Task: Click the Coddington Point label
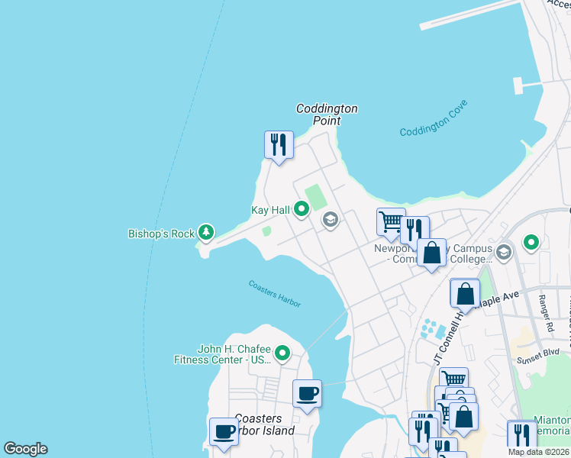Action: click(327, 114)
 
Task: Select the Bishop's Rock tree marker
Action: click(205, 231)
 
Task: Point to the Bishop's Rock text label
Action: click(161, 234)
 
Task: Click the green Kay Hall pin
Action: click(302, 208)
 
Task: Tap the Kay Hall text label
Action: click(270, 210)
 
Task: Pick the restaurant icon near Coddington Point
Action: click(279, 144)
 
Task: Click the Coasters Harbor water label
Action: click(275, 294)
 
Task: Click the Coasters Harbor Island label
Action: click(264, 424)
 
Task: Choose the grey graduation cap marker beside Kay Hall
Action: click(330, 221)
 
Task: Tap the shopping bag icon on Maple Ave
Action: click(465, 293)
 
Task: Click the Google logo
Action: click(25, 449)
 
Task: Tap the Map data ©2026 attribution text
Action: click(539, 452)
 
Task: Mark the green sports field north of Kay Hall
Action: click(315, 195)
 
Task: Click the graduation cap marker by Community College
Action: click(504, 251)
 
